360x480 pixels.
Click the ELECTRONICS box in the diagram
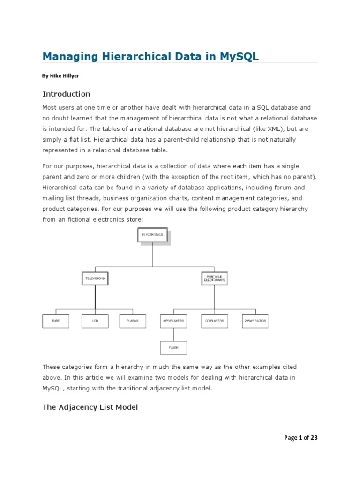click(x=152, y=235)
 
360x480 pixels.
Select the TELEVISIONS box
click(x=95, y=278)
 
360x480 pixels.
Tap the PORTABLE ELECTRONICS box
click(x=215, y=278)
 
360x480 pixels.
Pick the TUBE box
click(x=56, y=321)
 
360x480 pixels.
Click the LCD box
click(x=95, y=321)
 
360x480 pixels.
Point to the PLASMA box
click(x=133, y=321)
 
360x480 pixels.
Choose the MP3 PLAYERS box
click(x=173, y=321)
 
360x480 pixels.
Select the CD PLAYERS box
click(x=215, y=321)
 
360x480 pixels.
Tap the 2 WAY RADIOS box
click(x=255, y=321)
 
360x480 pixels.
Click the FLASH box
click(x=173, y=348)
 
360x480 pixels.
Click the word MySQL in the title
click(x=239, y=57)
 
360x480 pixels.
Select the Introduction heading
click(x=66, y=94)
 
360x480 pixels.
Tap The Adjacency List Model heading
click(x=90, y=407)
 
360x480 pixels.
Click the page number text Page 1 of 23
click(x=301, y=438)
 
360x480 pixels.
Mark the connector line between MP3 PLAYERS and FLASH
click(x=173, y=335)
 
